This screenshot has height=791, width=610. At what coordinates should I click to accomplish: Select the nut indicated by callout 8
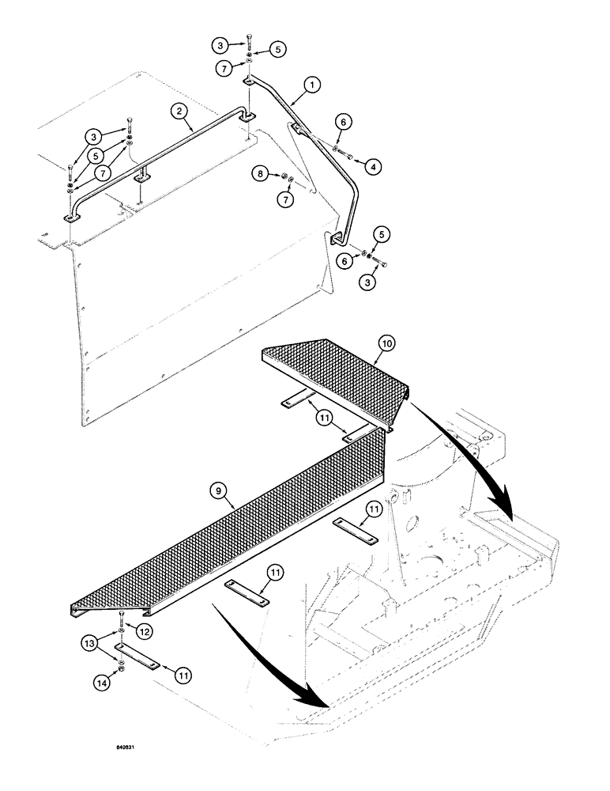279,175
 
